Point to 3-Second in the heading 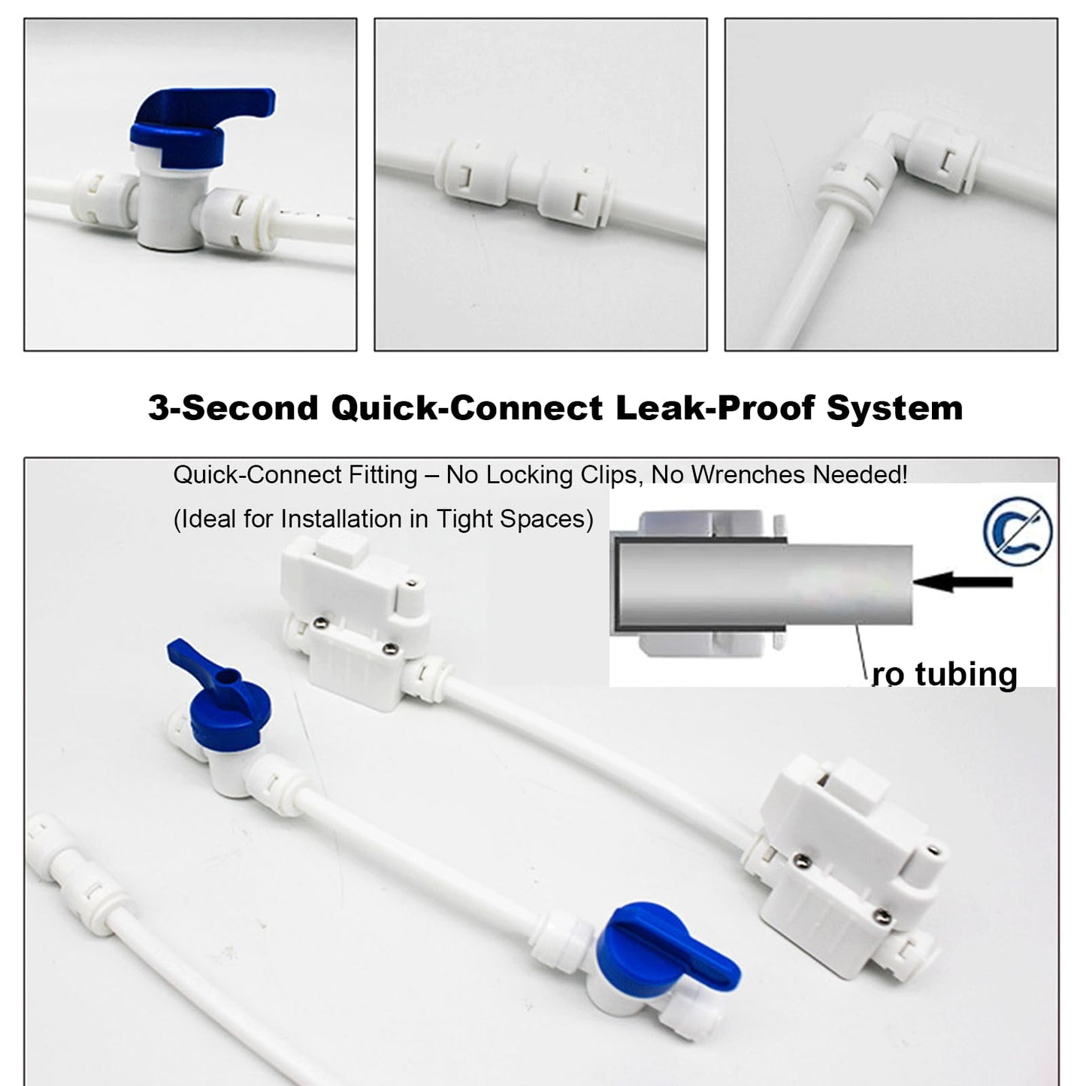(x=233, y=408)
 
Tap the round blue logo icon (x=1018, y=531)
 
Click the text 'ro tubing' (x=945, y=674)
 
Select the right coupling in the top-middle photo (x=575, y=195)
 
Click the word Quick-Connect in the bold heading (x=466, y=408)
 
